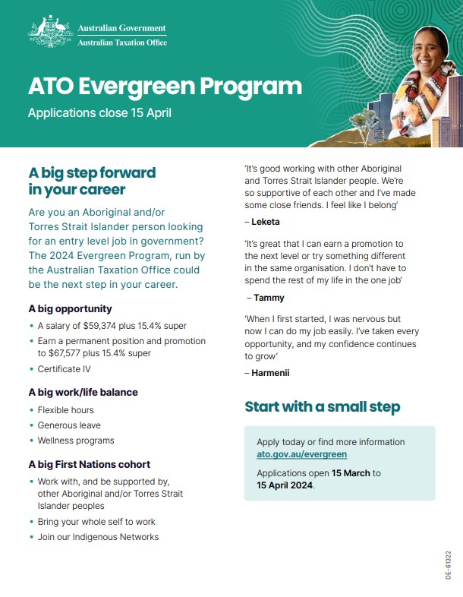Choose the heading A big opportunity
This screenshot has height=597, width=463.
tap(70, 309)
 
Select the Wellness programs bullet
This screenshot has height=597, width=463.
tap(76, 441)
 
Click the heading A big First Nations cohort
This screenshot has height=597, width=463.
tap(89, 464)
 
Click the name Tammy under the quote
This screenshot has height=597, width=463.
tap(270, 298)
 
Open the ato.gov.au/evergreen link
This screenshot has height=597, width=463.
tap(301, 454)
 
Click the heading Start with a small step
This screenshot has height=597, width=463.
tap(322, 407)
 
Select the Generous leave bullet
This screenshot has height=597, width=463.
tap(69, 425)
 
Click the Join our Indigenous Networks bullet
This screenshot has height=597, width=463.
tap(98, 537)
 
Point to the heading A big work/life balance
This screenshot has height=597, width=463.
tap(83, 393)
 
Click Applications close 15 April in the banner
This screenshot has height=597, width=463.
tap(99, 113)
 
